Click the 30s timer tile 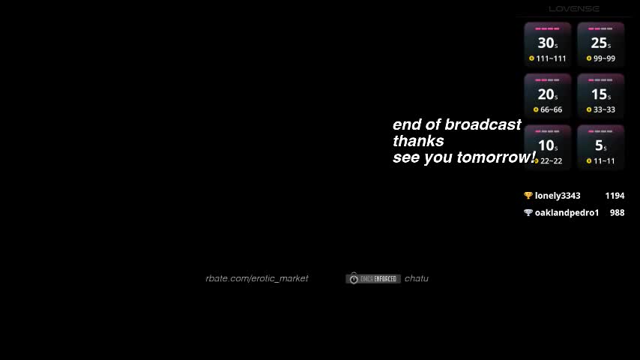pyautogui.click(x=547, y=45)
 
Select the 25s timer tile pyautogui.click(x=600, y=45)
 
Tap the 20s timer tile pyautogui.click(x=547, y=96)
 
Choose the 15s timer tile pyautogui.click(x=600, y=96)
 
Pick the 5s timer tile pyautogui.click(x=600, y=147)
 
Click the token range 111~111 pyautogui.click(x=551, y=58)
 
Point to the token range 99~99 pyautogui.click(x=604, y=58)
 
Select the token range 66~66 pyautogui.click(x=551, y=109)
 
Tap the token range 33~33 pyautogui.click(x=604, y=109)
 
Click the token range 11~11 pyautogui.click(x=604, y=161)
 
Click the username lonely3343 pyautogui.click(x=558, y=196)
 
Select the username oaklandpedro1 pyautogui.click(x=567, y=213)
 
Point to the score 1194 pyautogui.click(x=615, y=196)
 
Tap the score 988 pyautogui.click(x=617, y=213)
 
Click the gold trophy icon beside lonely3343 pyautogui.click(x=528, y=196)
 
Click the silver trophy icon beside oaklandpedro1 pyautogui.click(x=528, y=213)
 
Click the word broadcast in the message pyautogui.click(x=483, y=124)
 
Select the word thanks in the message pyautogui.click(x=418, y=141)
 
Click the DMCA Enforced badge pyautogui.click(x=373, y=279)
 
